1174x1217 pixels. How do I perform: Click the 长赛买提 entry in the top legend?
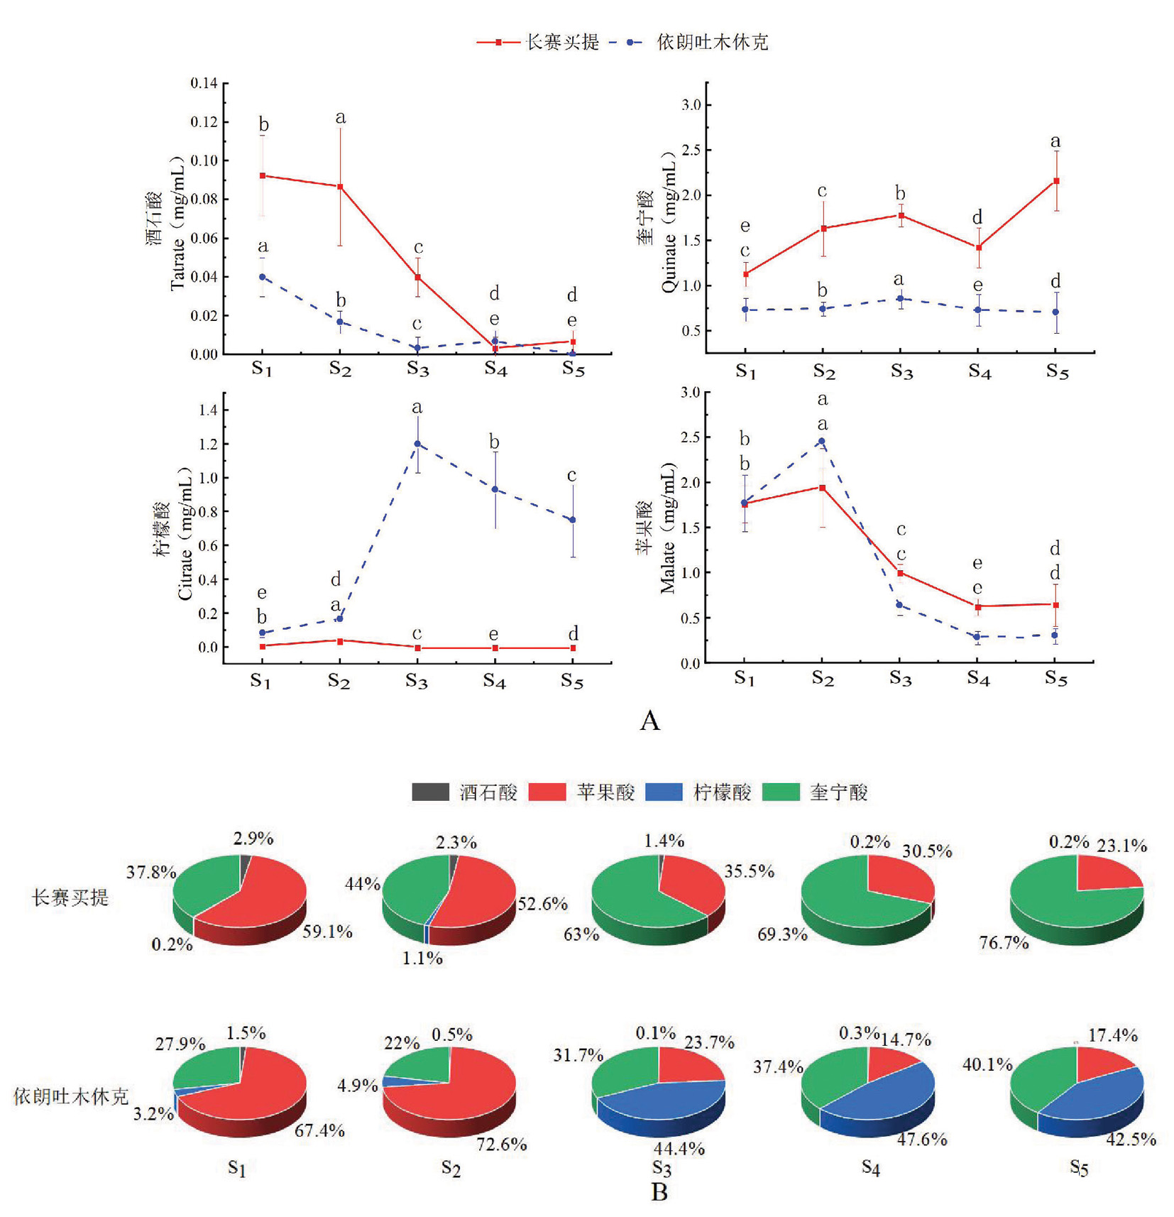(x=561, y=43)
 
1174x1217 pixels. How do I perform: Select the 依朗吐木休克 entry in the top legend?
(x=711, y=43)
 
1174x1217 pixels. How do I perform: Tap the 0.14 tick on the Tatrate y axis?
(x=204, y=83)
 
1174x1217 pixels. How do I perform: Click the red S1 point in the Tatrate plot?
(x=263, y=175)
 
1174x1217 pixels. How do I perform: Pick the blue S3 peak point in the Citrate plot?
(x=417, y=444)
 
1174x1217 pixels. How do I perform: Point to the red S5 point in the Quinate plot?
(x=1056, y=181)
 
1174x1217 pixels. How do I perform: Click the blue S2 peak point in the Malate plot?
(x=822, y=441)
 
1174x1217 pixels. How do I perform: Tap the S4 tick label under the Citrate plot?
(x=494, y=681)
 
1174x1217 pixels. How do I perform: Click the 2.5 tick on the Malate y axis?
(x=690, y=437)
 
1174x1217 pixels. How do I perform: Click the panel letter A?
(x=649, y=721)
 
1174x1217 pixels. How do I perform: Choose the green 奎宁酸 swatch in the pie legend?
(x=780, y=792)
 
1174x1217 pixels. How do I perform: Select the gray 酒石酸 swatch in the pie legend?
(x=430, y=792)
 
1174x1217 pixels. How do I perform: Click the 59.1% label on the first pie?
(x=327, y=932)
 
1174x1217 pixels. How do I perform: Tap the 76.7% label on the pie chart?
(x=1004, y=943)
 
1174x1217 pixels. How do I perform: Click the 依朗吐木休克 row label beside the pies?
(x=71, y=1096)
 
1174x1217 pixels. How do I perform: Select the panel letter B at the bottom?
(x=659, y=1192)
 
